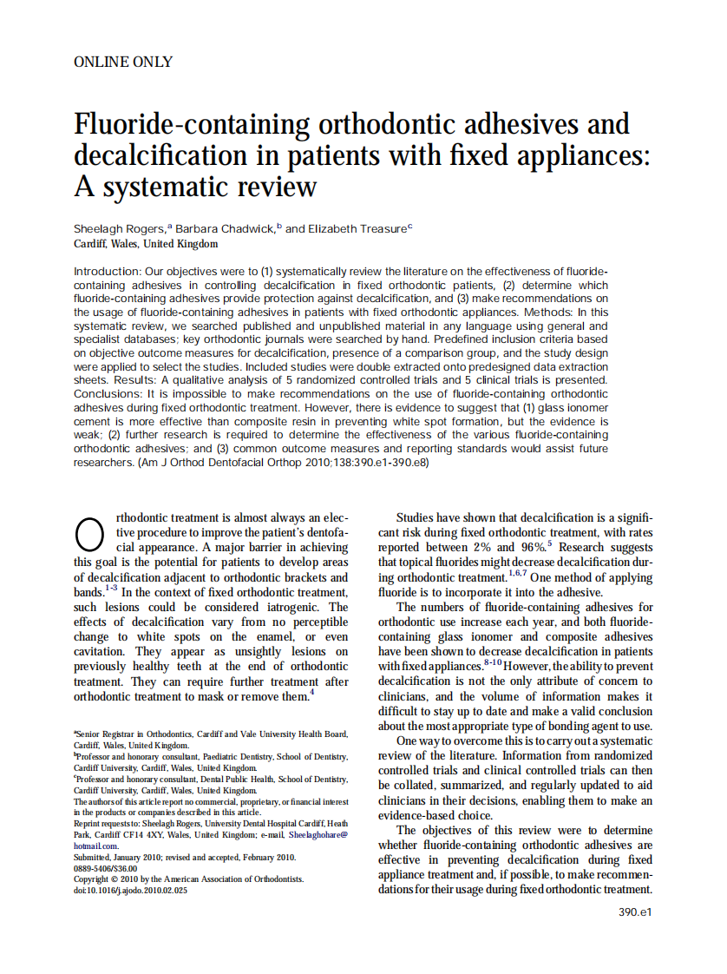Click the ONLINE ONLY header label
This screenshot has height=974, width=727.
tap(123, 62)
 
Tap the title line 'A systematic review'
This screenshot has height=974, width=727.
tap(195, 187)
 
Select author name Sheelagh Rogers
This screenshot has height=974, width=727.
tap(120, 229)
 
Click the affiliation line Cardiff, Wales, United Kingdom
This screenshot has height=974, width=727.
tap(146, 244)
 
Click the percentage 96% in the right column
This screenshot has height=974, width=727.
tap(532, 548)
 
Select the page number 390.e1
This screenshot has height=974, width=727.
tap(635, 911)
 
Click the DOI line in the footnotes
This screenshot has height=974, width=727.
tap(130, 889)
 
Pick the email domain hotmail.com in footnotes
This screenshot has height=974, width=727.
tap(96, 846)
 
